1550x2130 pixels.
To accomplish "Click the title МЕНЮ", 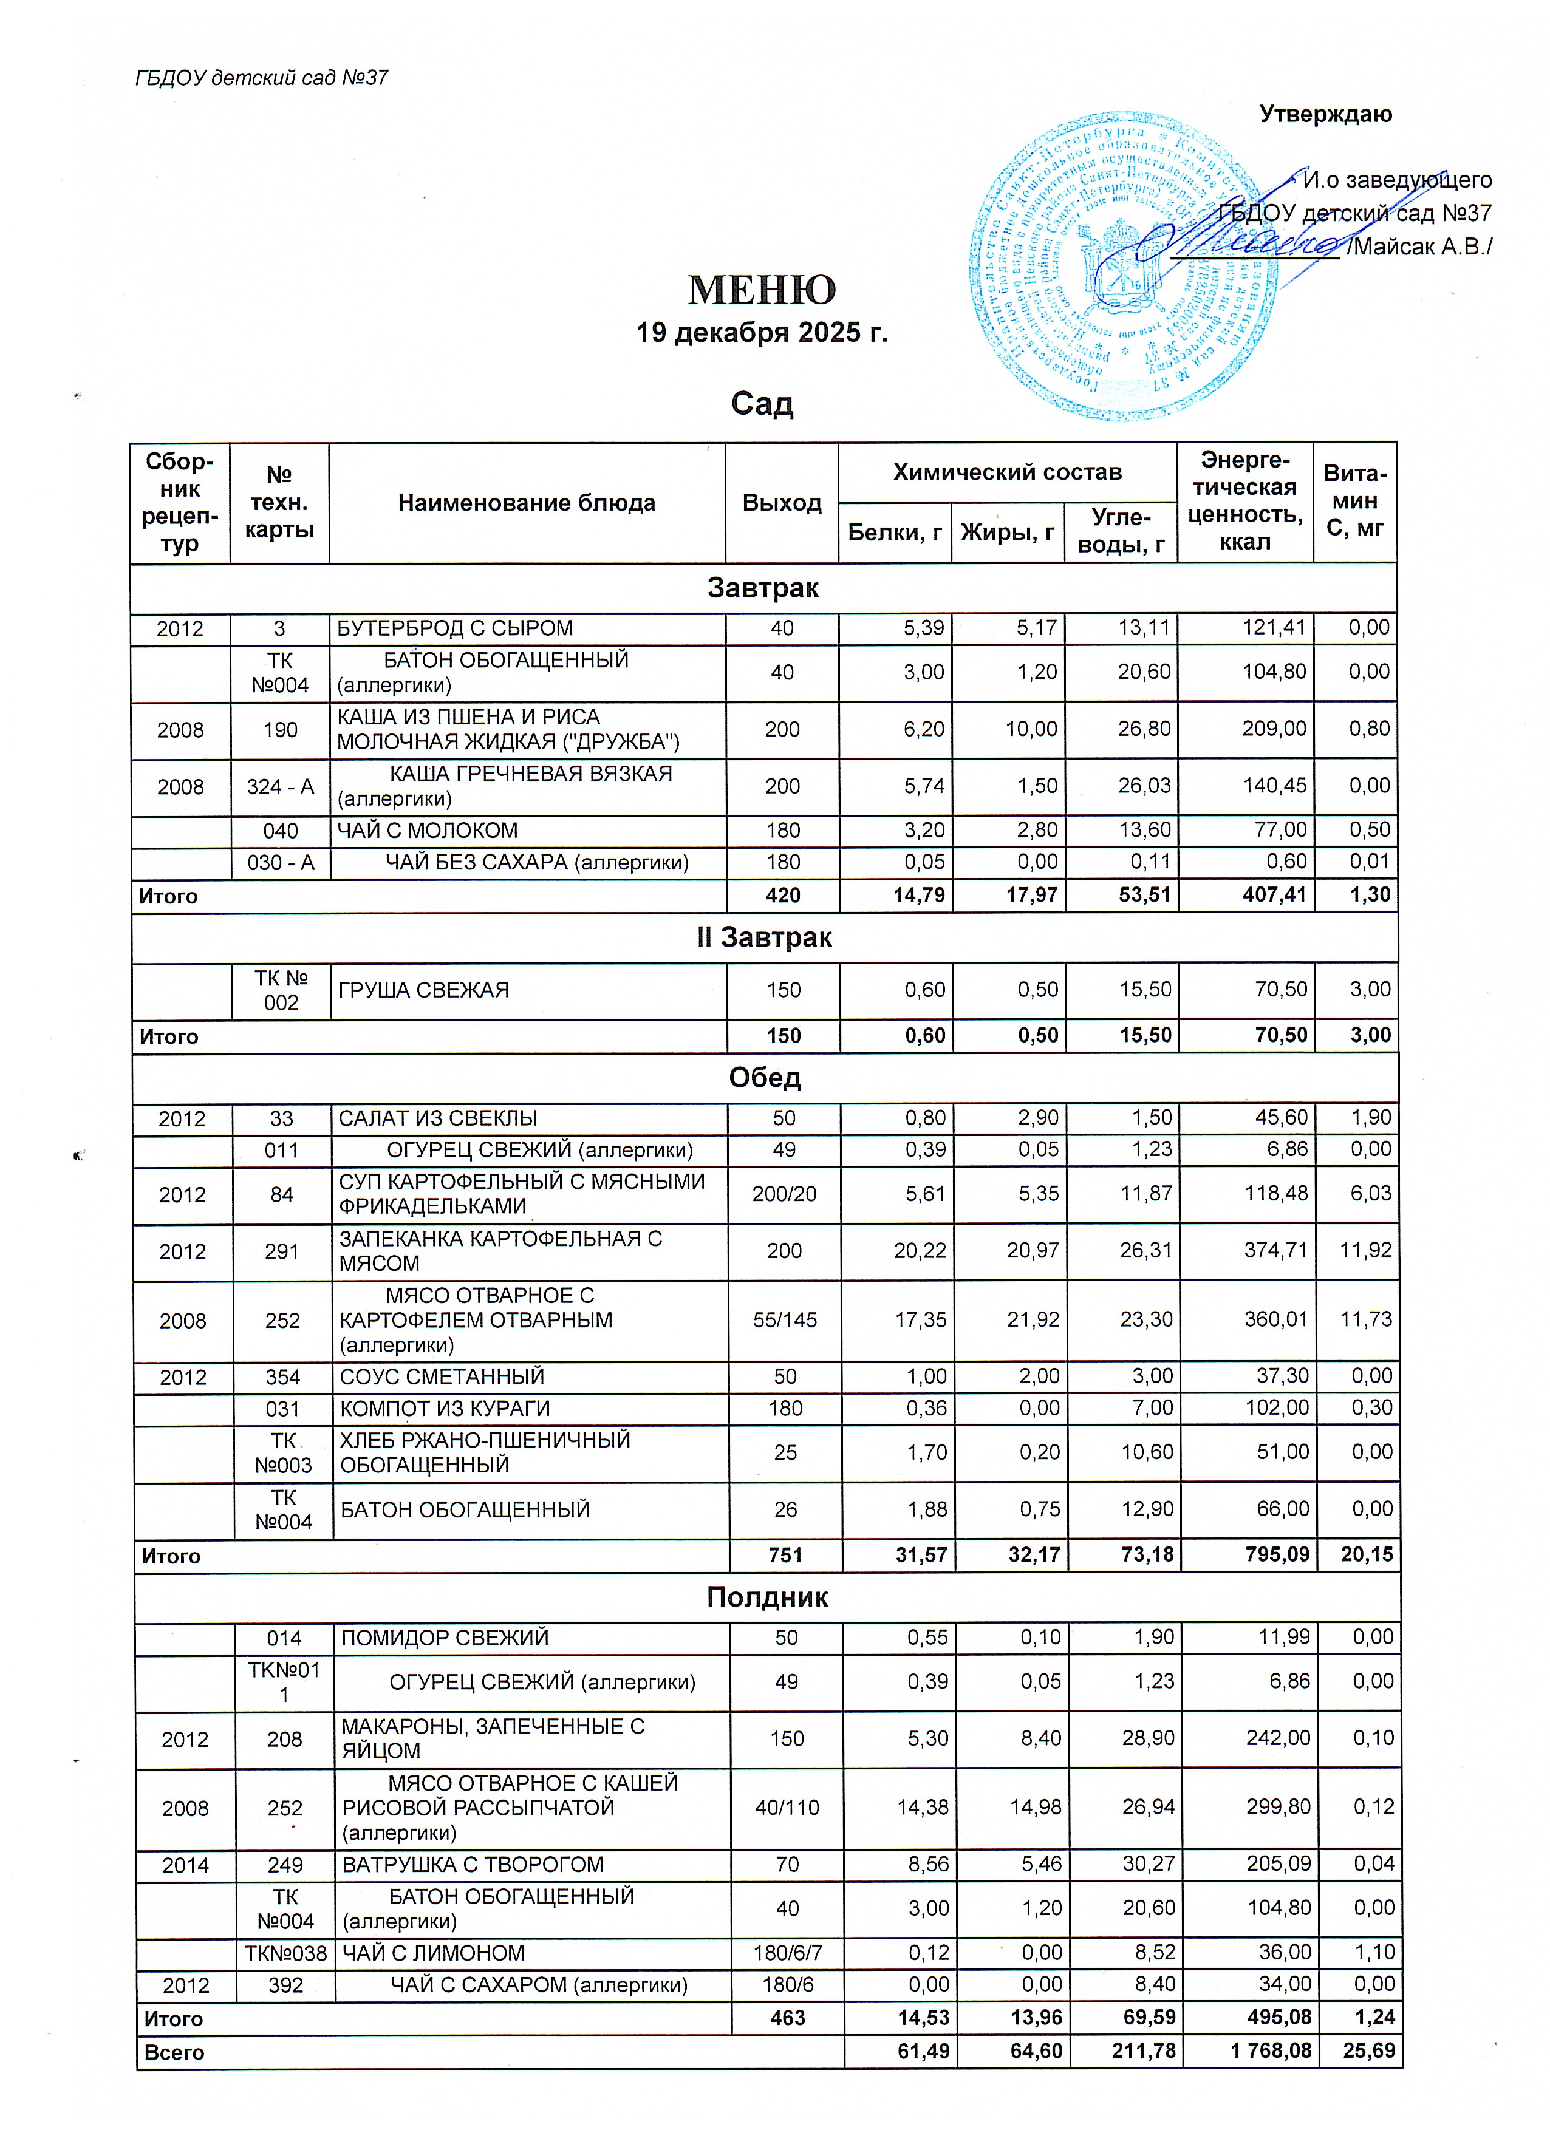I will click(762, 290).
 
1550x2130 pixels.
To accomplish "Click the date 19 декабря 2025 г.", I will click(762, 333).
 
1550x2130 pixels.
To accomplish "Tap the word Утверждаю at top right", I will click(1325, 115).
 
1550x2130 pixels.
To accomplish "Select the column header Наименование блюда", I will click(526, 503).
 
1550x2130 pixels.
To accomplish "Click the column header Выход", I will click(782, 503).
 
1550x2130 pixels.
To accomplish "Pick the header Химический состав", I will click(1007, 472).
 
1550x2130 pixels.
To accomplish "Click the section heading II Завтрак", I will click(763, 937).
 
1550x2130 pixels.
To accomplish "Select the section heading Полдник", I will click(766, 1597).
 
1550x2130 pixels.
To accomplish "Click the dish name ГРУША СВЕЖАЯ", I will click(424, 990).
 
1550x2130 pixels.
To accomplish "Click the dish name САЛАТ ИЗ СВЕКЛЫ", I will click(438, 1118).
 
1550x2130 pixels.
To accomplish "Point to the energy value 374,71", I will click(1275, 1251).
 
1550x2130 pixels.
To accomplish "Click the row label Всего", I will click(175, 2052).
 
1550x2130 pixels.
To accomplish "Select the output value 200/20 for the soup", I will click(784, 1194).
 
